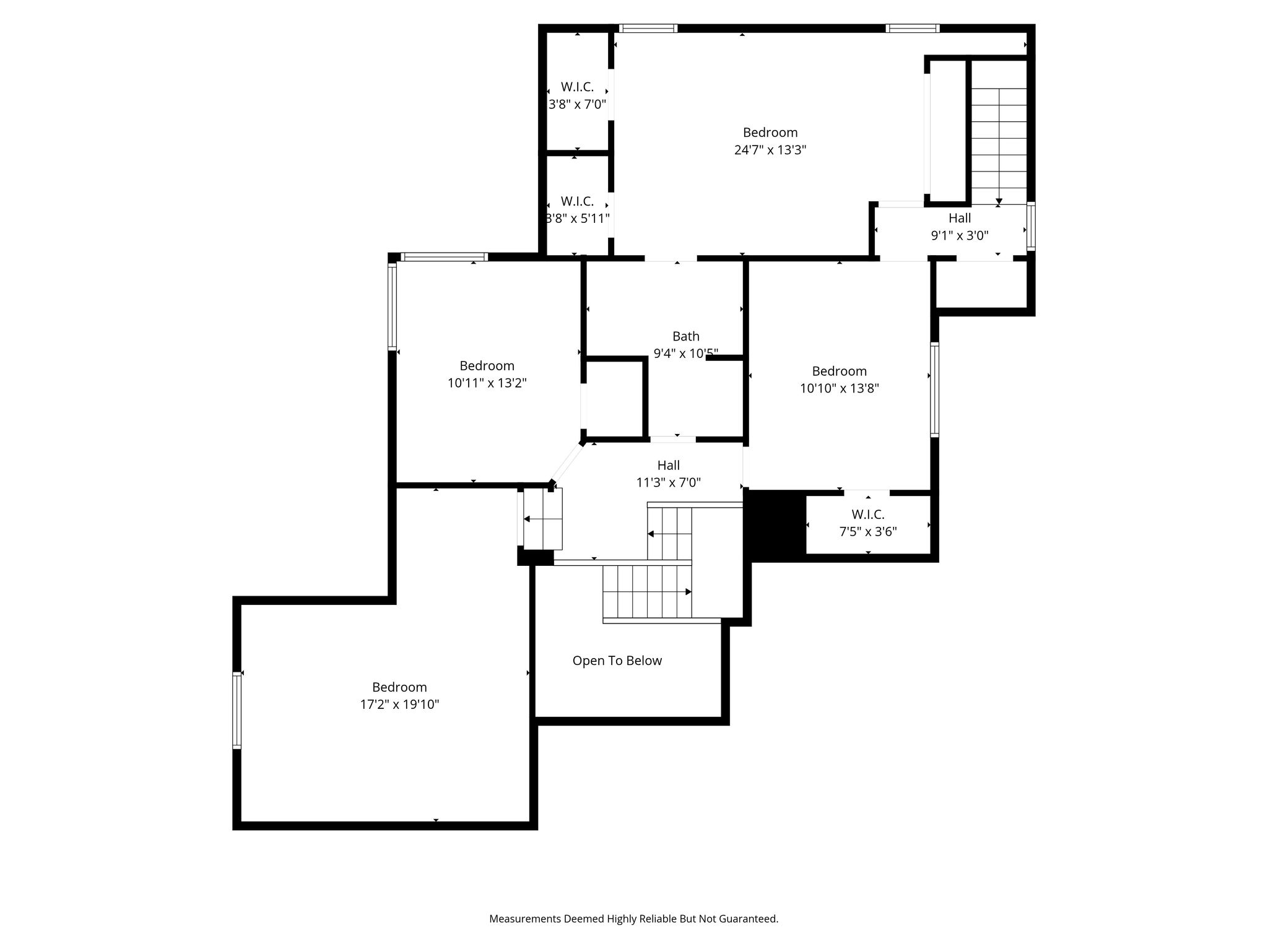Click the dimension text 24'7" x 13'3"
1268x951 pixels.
pos(770,150)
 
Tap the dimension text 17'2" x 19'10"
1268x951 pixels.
pos(399,705)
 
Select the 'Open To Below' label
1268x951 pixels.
pos(617,661)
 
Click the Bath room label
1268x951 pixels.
pos(686,336)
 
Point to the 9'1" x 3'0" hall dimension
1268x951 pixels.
pos(960,235)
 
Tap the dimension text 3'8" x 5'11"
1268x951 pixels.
pos(577,219)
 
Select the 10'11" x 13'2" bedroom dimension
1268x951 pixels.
pos(487,383)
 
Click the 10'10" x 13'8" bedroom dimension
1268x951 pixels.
pos(840,389)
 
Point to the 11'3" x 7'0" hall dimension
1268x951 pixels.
pos(669,483)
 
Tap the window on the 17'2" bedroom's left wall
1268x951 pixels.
pos(237,710)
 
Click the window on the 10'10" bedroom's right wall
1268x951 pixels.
pos(935,390)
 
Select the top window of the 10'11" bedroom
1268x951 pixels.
pos(444,257)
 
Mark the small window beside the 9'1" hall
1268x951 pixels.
pos(1031,227)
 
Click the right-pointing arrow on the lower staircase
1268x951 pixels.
pos(688,592)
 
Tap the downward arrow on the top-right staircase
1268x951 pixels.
pos(999,201)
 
